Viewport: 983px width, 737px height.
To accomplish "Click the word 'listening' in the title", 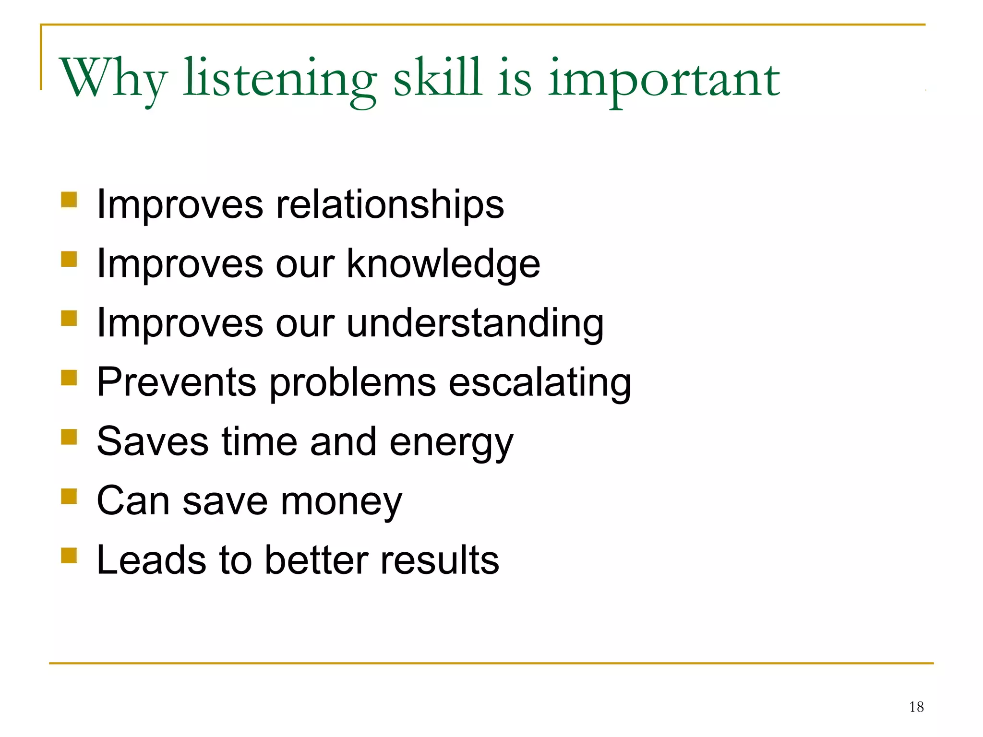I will point(279,79).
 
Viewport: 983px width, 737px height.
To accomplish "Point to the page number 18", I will point(916,707).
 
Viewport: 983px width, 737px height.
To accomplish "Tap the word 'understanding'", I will point(475,323).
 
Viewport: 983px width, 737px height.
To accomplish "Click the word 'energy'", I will point(451,442).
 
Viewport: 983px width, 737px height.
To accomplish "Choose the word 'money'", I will point(341,502).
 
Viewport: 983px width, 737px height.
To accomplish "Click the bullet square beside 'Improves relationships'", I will point(69,199).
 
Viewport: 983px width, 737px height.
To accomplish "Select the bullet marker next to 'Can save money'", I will point(69,496).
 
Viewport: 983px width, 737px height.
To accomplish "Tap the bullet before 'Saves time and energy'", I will point(69,437).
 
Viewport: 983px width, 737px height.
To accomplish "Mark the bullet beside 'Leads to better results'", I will point(69,555).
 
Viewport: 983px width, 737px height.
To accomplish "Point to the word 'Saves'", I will point(152,441).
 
